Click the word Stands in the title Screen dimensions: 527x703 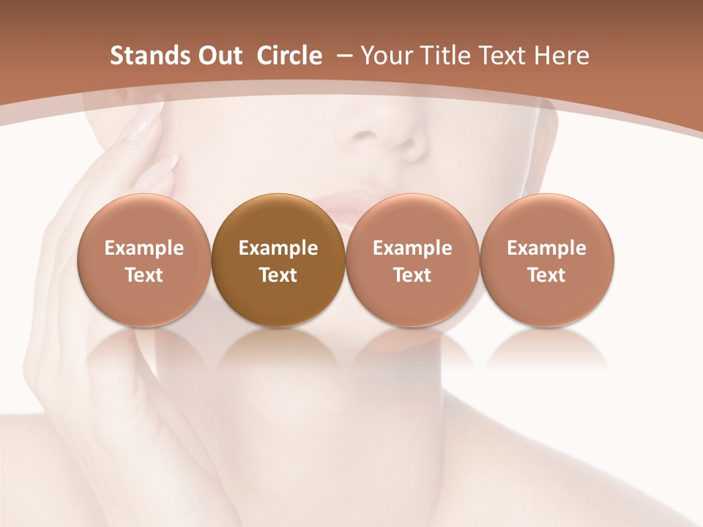click(148, 56)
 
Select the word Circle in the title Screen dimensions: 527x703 click(289, 56)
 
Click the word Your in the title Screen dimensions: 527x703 click(387, 56)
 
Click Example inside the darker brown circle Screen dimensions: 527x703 click(278, 248)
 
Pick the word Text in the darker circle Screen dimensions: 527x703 click(278, 275)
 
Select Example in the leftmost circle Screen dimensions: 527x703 click(144, 248)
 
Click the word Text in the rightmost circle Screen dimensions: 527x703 click(547, 275)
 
